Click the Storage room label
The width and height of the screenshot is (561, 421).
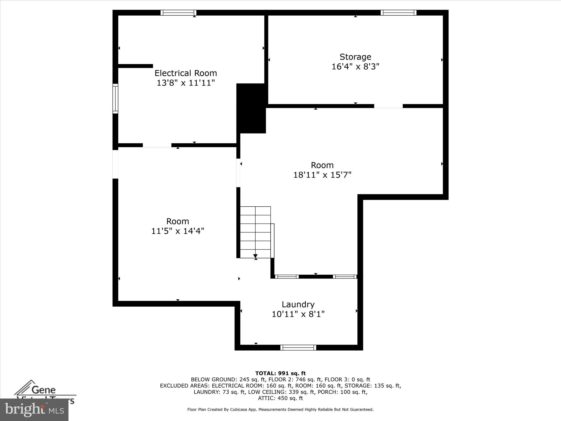(x=355, y=57)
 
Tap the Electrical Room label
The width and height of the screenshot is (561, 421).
(x=186, y=73)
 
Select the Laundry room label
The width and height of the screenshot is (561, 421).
(x=298, y=305)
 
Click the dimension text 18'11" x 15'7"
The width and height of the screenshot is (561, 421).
(x=322, y=175)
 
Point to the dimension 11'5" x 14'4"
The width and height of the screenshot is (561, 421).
(x=178, y=231)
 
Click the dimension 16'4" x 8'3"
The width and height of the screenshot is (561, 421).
(x=355, y=67)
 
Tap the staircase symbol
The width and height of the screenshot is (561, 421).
(x=256, y=232)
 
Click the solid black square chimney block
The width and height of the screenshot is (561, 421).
(x=251, y=109)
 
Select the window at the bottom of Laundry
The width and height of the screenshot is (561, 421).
(x=298, y=348)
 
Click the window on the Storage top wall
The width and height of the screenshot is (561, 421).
(x=398, y=13)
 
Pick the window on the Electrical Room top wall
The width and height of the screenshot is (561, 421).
(x=178, y=13)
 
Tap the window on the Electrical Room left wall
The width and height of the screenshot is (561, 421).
(x=115, y=99)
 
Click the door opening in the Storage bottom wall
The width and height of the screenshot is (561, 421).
(x=388, y=106)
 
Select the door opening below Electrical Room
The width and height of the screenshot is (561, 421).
(x=157, y=145)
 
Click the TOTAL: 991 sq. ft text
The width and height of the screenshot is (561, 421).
(x=280, y=373)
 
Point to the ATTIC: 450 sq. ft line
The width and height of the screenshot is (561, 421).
(x=280, y=398)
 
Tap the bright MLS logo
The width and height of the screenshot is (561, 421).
(x=34, y=409)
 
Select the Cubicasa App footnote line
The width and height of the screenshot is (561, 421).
(x=280, y=409)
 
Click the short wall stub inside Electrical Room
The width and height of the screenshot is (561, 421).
(x=135, y=66)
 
